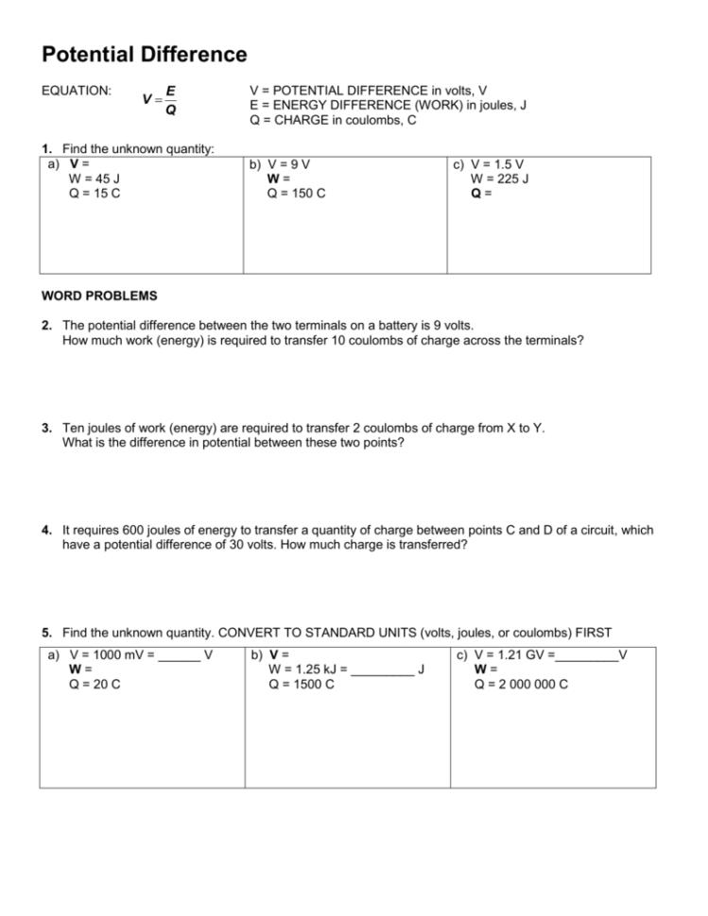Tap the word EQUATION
point(77,92)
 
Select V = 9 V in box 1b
point(289,163)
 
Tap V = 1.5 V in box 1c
point(497,163)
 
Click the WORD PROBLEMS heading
point(99,296)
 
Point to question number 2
point(46,325)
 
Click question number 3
point(46,428)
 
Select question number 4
point(46,530)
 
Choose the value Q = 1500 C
point(302,684)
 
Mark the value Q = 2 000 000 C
point(521,684)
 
